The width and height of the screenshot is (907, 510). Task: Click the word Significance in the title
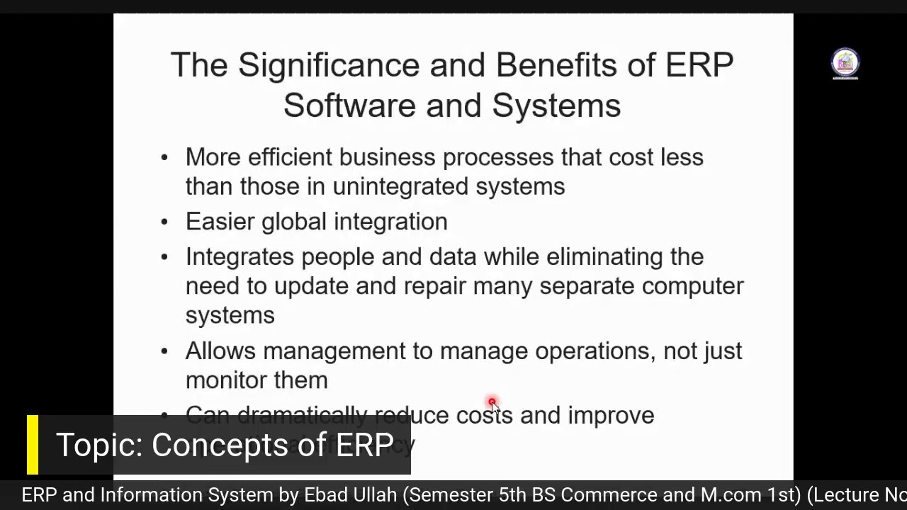[x=329, y=66]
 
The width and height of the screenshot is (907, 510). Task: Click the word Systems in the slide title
[x=556, y=106]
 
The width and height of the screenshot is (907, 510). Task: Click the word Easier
[x=220, y=222]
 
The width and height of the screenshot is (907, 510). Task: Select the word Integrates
[x=240, y=256]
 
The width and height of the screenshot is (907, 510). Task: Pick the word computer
[x=692, y=286]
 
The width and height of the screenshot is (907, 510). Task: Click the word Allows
[x=220, y=351]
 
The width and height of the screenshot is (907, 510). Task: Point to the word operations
[x=595, y=351]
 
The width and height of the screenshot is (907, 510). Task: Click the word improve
[x=611, y=415]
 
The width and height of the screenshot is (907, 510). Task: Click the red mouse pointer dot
[x=492, y=403]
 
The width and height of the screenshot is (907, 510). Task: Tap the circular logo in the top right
[x=845, y=63]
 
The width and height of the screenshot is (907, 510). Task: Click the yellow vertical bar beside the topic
[x=33, y=445]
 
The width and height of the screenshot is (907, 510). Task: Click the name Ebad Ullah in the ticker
[x=350, y=495]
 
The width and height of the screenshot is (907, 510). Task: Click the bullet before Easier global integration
[x=164, y=222]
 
